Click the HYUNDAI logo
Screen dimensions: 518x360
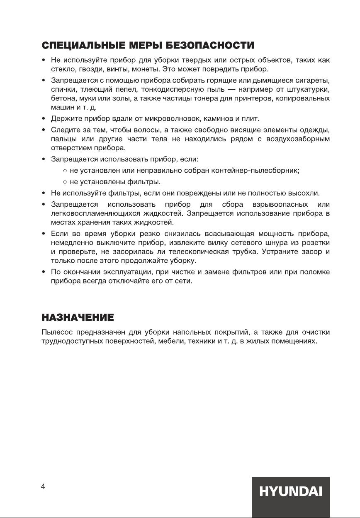(x=291, y=492)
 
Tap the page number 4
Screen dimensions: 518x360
(x=43, y=487)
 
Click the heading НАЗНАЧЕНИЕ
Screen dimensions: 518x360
(x=78, y=318)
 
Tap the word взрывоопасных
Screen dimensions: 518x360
(x=279, y=205)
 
